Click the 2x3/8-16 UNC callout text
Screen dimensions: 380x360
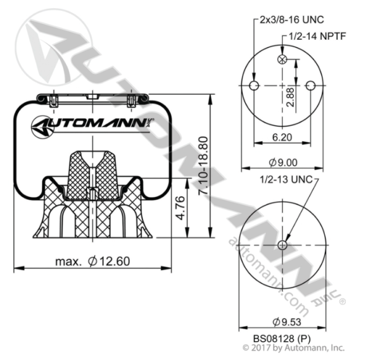pyautogui.click(x=292, y=20)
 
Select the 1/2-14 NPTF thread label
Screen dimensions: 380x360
pyautogui.click(x=317, y=36)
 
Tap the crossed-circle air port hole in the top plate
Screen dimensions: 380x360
pyautogui.click(x=282, y=59)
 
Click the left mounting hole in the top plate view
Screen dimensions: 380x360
pyautogui.click(x=254, y=85)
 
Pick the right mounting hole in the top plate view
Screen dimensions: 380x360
pyautogui.click(x=310, y=85)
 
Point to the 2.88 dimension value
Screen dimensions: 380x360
pyautogui.click(x=290, y=97)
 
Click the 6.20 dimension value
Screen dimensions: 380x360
pyautogui.click(x=282, y=137)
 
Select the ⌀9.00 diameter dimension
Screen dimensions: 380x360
pyautogui.click(x=283, y=163)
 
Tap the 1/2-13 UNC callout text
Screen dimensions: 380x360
pyautogui.click(x=286, y=180)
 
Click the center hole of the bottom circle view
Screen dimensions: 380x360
pyautogui.click(x=282, y=245)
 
